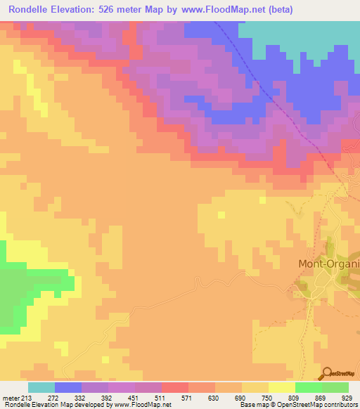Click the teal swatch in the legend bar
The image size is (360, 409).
(x=41, y=387)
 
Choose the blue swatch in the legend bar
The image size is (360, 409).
(x=68, y=387)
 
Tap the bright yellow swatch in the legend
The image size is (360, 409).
(x=281, y=387)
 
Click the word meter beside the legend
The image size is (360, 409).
(x=10, y=398)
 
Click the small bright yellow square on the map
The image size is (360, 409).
(x=262, y=200)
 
